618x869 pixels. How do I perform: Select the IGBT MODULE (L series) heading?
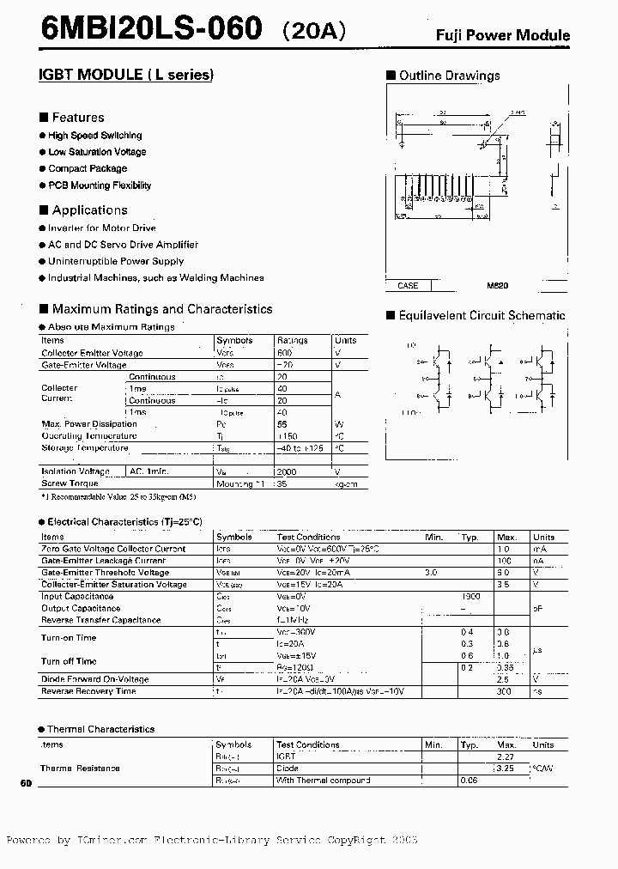125,75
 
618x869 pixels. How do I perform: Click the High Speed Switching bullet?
94,136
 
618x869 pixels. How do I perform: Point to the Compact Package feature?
87,169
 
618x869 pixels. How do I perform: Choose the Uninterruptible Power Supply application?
116,261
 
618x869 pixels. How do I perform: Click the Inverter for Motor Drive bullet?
101,228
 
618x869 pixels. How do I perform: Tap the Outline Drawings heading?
449,76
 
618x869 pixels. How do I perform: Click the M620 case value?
486,285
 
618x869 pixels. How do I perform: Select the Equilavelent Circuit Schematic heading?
482,316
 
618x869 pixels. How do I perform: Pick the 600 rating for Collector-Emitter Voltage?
285,353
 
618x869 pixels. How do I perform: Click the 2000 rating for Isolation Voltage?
287,471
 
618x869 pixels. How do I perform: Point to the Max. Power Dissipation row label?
89,424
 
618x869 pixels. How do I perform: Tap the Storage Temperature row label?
85,447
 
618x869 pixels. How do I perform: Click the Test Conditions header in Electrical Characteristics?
307,538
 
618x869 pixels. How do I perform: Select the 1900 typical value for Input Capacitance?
470,596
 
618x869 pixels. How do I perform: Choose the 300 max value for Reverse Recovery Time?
504,691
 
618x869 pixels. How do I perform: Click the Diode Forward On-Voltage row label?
94,679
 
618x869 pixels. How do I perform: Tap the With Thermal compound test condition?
323,781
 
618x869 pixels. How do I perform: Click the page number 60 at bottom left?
25,785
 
